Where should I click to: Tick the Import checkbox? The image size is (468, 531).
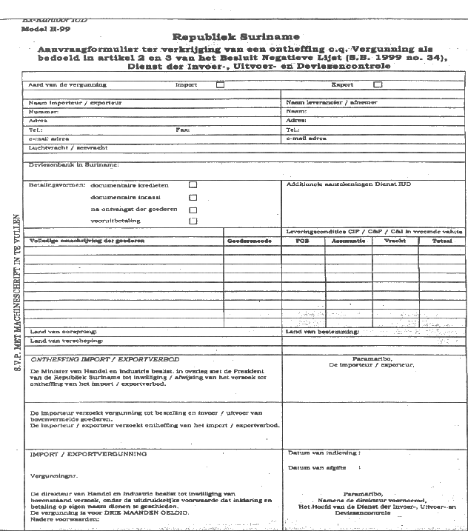pyautogui.click(x=219, y=85)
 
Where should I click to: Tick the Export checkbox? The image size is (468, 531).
pyautogui.click(x=377, y=85)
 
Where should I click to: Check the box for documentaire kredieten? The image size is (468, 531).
pyautogui.click(x=193, y=184)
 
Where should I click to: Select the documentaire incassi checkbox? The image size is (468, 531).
pyautogui.click(x=193, y=198)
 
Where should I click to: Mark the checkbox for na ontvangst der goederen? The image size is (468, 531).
pyautogui.click(x=193, y=210)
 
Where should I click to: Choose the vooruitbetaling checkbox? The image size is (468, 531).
pyautogui.click(x=193, y=221)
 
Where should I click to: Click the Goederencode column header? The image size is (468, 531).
pyautogui.click(x=246, y=241)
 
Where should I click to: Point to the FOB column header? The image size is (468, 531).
pyautogui.click(x=301, y=241)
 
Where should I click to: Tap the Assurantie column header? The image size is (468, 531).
pyautogui.click(x=347, y=241)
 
